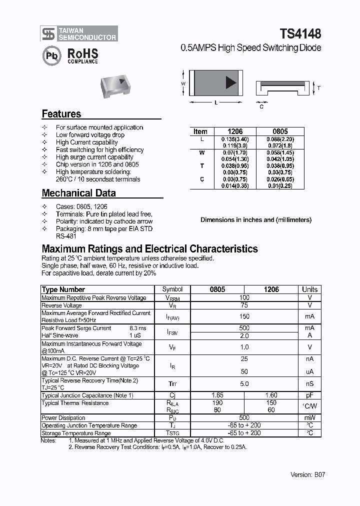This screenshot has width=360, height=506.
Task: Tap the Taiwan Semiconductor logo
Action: click(x=79, y=33)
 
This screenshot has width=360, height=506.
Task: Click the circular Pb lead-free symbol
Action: click(x=51, y=56)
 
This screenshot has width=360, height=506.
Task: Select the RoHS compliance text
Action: click(x=82, y=55)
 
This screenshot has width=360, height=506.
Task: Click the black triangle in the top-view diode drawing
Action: click(x=230, y=83)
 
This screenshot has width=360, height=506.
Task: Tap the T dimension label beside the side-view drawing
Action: click(x=318, y=88)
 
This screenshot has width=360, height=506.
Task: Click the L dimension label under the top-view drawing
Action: click(x=215, y=102)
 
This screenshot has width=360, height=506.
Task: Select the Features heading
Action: click(x=61, y=113)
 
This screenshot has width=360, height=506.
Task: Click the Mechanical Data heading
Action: click(x=78, y=193)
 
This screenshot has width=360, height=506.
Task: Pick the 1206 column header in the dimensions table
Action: click(x=235, y=131)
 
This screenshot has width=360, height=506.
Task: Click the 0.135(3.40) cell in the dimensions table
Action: click(x=235, y=139)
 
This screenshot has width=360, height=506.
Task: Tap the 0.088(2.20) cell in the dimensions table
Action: click(x=280, y=139)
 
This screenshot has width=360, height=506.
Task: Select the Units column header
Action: click(x=309, y=289)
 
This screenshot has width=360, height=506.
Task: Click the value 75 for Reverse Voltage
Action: click(x=244, y=305)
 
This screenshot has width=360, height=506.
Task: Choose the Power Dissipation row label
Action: click(x=63, y=417)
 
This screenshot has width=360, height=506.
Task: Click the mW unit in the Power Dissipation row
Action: click(x=309, y=417)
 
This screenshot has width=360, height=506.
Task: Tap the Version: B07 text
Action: click(x=307, y=474)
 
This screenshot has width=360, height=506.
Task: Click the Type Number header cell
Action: click(x=63, y=289)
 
